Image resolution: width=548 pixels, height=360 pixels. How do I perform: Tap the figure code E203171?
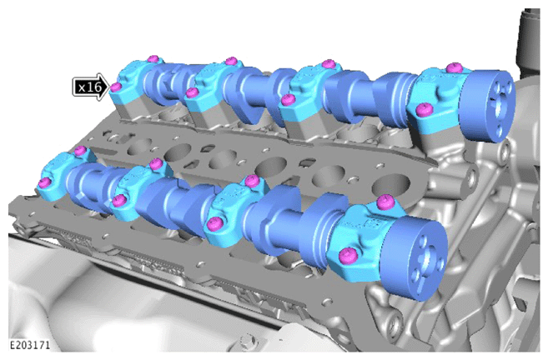(30, 345)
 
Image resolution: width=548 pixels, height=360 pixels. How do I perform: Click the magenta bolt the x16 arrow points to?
(116, 87)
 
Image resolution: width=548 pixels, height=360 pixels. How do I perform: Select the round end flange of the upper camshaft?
(488, 106)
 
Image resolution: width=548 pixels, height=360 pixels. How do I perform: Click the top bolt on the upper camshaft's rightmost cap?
(455, 67)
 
